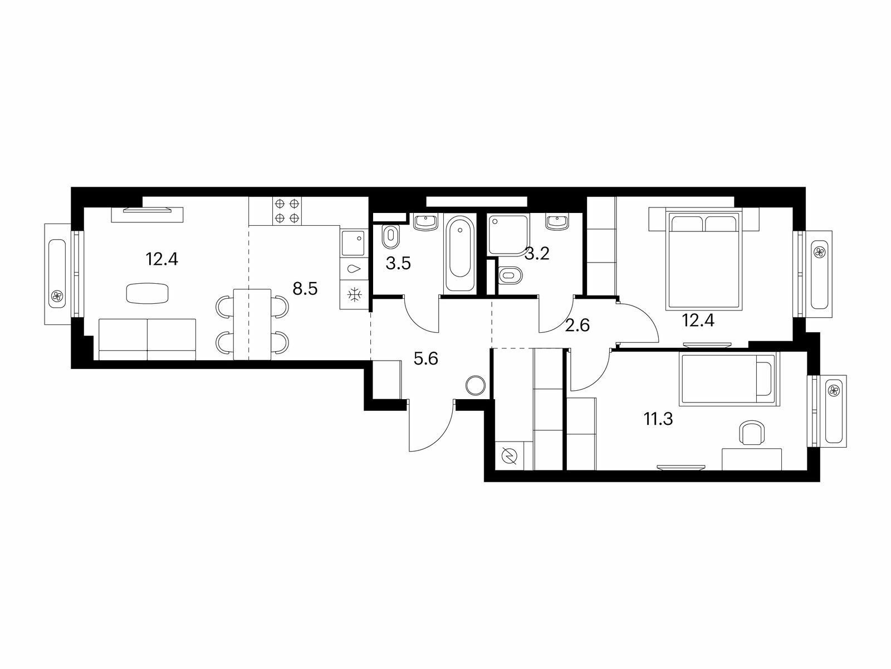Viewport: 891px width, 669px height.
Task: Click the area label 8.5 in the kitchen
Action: [x=305, y=289]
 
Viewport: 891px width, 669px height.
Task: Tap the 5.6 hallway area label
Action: [x=426, y=358]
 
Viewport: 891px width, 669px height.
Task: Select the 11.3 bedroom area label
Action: [x=658, y=419]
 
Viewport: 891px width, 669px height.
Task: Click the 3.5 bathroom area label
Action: [x=398, y=263]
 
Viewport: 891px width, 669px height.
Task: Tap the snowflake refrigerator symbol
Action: [x=354, y=294]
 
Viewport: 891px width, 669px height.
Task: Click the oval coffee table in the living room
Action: [x=147, y=293]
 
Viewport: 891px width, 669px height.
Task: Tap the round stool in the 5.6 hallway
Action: [x=476, y=385]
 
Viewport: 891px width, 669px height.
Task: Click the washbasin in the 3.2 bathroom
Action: [x=558, y=222]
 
